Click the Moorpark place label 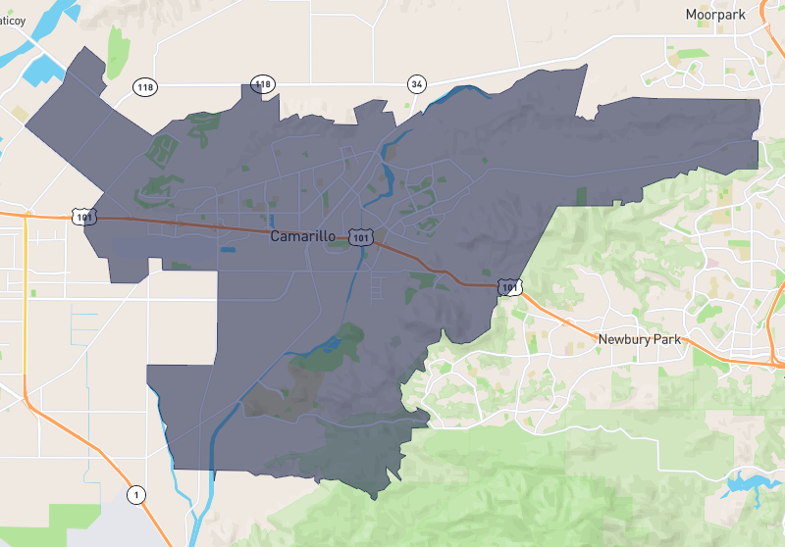tap(716, 15)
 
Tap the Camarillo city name tap(304, 237)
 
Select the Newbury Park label tap(639, 339)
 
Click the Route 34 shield tap(418, 84)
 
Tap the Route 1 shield tap(136, 493)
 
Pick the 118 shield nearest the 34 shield tap(262, 85)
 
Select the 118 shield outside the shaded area tap(145, 87)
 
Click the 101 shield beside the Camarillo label tap(362, 237)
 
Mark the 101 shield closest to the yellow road tap(83, 216)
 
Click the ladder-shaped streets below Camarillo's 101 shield tap(378, 287)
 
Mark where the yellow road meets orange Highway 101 tap(26, 213)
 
